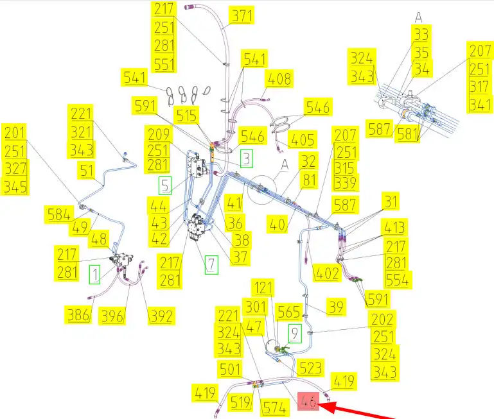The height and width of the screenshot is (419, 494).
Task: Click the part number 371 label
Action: coord(242,15)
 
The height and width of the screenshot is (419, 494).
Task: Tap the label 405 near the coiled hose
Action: coord(303,140)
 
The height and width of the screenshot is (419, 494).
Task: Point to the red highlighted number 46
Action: coord(308,402)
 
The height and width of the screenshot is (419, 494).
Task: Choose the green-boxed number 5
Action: coord(166,186)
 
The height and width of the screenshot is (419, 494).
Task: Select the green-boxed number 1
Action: coord(95,275)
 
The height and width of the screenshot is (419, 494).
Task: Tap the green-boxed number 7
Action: coord(211,263)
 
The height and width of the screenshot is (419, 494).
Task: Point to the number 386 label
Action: coord(77,315)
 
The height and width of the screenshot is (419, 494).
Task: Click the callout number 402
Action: coord(326,273)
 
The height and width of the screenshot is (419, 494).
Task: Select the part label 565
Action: coord(288,312)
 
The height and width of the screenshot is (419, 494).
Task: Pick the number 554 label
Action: coord(398,280)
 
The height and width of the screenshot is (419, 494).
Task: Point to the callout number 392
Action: coord(161,316)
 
